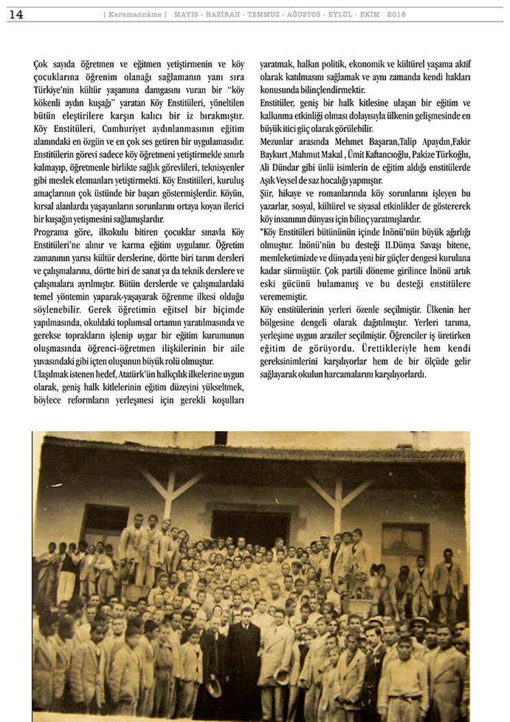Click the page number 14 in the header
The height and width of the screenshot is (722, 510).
coord(16,14)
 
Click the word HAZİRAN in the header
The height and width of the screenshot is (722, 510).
coord(221,14)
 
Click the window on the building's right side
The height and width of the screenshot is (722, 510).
coord(404,542)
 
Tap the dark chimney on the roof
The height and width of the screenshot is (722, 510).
coord(221,438)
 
